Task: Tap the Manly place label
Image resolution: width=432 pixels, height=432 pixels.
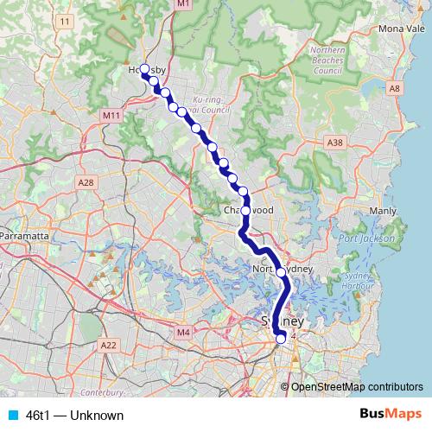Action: coord(382,211)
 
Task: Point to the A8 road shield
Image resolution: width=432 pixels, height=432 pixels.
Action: coord(395,88)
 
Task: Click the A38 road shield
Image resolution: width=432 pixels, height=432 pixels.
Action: coord(335,142)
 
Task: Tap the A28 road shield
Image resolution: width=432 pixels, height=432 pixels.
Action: coord(85,182)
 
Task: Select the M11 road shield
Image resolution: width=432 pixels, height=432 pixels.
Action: coord(110,115)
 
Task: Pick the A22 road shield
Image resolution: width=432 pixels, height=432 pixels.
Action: coord(108,345)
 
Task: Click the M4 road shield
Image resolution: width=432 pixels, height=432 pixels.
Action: coord(182,332)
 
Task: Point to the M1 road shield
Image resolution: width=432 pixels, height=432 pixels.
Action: coord(182,4)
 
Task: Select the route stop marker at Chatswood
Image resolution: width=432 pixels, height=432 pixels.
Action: coord(246,210)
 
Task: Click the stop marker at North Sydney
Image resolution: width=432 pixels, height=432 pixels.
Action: coord(281,272)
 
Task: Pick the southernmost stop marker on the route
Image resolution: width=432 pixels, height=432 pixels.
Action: coord(280,339)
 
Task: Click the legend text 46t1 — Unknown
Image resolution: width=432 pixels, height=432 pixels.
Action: coord(74,416)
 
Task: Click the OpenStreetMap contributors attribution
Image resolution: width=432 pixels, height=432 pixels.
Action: coord(356,387)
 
